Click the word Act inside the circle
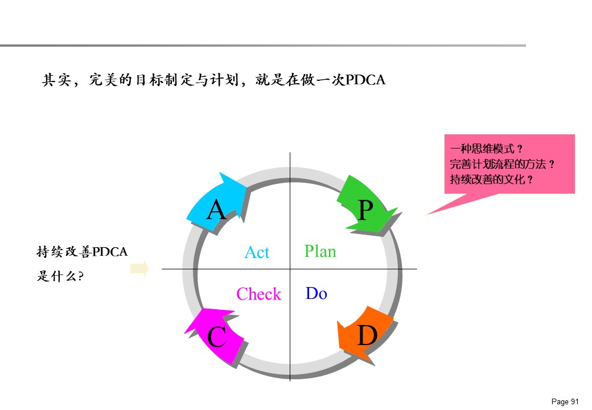(x=257, y=252)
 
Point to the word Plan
(x=320, y=251)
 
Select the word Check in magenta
(x=259, y=294)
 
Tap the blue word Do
(x=316, y=293)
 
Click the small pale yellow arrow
(x=139, y=268)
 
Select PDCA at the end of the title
(x=365, y=80)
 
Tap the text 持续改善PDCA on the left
(x=82, y=252)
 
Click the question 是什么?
(x=60, y=276)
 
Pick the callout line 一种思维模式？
(x=486, y=149)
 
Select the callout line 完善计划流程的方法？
(x=502, y=164)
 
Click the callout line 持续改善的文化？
(x=491, y=179)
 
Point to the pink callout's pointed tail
(x=426, y=215)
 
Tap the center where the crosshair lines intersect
(x=290, y=269)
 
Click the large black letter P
(x=365, y=210)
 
